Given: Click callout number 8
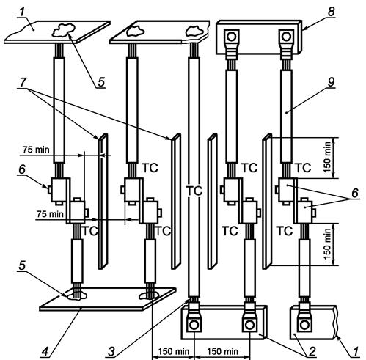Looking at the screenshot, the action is pyautogui.click(x=331, y=12).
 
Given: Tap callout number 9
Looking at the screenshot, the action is pyautogui.click(x=331, y=82).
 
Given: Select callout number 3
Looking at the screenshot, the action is pyautogui.click(x=111, y=352).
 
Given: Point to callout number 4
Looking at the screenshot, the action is pyautogui.click(x=45, y=352).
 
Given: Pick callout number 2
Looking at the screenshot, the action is pyautogui.click(x=312, y=352).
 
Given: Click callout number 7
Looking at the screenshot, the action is pyautogui.click(x=23, y=82).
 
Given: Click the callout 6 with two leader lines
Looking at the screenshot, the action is pyautogui.click(x=355, y=193).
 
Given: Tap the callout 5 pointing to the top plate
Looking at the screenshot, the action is pyautogui.click(x=101, y=82).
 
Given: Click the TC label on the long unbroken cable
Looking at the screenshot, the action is pyautogui.click(x=194, y=191).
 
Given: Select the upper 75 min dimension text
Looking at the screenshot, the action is pyautogui.click(x=36, y=150).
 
